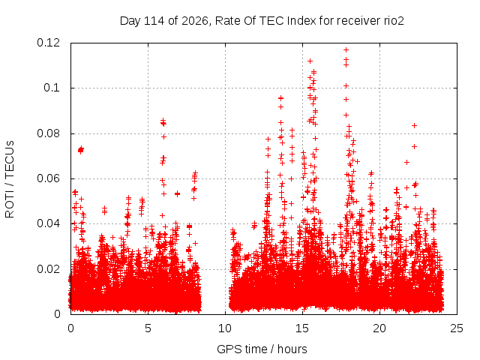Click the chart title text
[x=262, y=21]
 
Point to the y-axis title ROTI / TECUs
[x=10, y=179]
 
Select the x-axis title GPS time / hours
[x=262, y=349]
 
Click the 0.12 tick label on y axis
[x=48, y=43]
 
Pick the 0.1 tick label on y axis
[x=52, y=88]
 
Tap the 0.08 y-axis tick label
[x=48, y=133]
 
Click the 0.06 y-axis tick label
[x=48, y=178]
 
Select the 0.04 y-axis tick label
[x=48, y=223]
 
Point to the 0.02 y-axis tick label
[x=48, y=269]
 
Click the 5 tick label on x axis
[x=148, y=328]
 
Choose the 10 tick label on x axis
[x=225, y=328]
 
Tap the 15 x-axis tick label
[x=302, y=328]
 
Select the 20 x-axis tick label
[x=379, y=328]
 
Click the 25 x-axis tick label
[x=457, y=328]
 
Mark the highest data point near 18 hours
[x=346, y=49]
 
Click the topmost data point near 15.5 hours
[x=310, y=61]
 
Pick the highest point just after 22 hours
[x=415, y=125]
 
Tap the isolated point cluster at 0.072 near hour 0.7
[x=81, y=150]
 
